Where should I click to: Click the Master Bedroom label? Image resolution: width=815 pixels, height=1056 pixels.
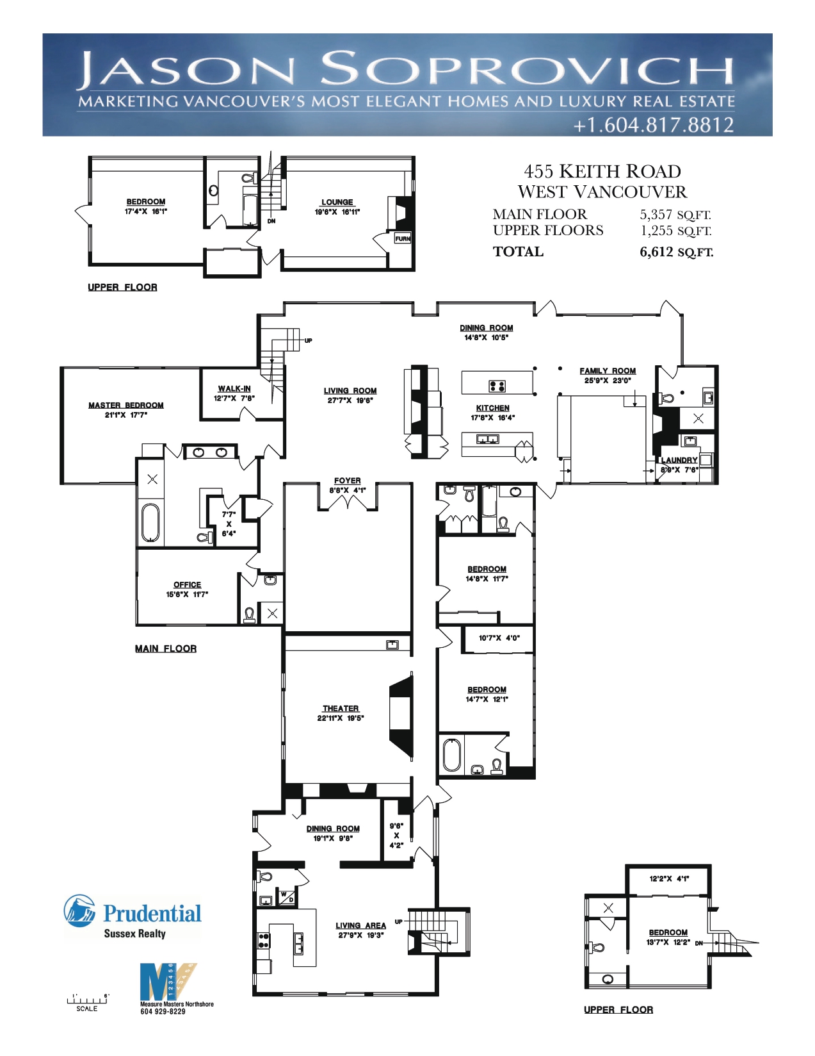tap(125, 405)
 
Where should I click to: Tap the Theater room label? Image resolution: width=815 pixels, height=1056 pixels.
tap(341, 708)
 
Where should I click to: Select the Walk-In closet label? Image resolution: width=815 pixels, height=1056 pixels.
tap(234, 388)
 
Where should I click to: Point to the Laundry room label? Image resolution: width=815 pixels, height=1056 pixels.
tap(679, 459)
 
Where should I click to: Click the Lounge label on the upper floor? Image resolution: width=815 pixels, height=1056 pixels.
tap(337, 202)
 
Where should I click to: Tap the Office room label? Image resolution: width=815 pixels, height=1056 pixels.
tap(188, 584)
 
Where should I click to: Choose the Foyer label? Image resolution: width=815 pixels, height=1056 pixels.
tap(348, 481)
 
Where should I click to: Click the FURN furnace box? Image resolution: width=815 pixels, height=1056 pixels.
tap(403, 238)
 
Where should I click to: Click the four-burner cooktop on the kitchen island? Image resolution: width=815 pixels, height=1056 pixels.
tap(497, 386)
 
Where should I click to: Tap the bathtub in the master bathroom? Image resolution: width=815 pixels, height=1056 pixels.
tap(150, 522)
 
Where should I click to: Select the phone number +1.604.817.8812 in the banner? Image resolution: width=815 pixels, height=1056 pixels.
tap(654, 125)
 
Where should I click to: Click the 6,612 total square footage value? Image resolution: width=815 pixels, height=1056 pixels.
tap(656, 252)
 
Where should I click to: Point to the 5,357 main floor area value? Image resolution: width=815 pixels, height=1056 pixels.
tap(656, 214)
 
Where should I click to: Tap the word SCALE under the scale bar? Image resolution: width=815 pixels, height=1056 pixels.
tap(87, 1009)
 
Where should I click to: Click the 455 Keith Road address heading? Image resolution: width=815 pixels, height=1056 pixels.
tap(602, 171)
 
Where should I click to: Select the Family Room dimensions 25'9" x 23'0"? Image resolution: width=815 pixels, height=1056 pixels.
tap(607, 381)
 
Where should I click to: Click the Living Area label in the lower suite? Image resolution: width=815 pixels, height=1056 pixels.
tap(360, 925)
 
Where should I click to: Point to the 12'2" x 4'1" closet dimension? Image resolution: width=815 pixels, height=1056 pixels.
tap(669, 878)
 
